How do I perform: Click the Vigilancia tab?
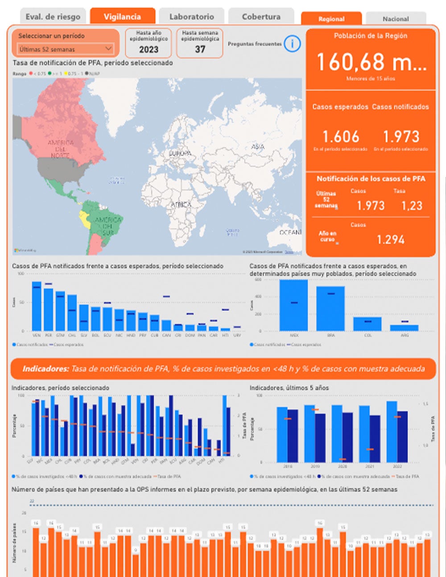[122, 16]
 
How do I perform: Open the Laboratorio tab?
[191, 16]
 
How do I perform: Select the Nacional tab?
[396, 19]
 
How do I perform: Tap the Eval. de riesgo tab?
[53, 16]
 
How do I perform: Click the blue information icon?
[292, 44]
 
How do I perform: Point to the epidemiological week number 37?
[200, 49]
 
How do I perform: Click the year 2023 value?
[149, 49]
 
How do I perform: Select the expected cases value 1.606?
[340, 136]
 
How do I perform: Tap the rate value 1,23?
[412, 206]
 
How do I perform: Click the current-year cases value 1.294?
[390, 239]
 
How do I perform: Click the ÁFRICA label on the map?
[181, 204]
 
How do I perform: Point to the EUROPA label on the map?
[180, 153]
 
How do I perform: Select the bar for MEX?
[293, 305]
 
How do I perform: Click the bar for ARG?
[404, 328]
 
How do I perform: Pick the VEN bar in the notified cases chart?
[37, 306]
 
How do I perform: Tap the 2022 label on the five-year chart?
[397, 466]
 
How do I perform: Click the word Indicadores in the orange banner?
[45, 369]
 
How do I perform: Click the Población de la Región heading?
[370, 36]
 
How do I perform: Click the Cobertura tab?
[261, 16]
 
